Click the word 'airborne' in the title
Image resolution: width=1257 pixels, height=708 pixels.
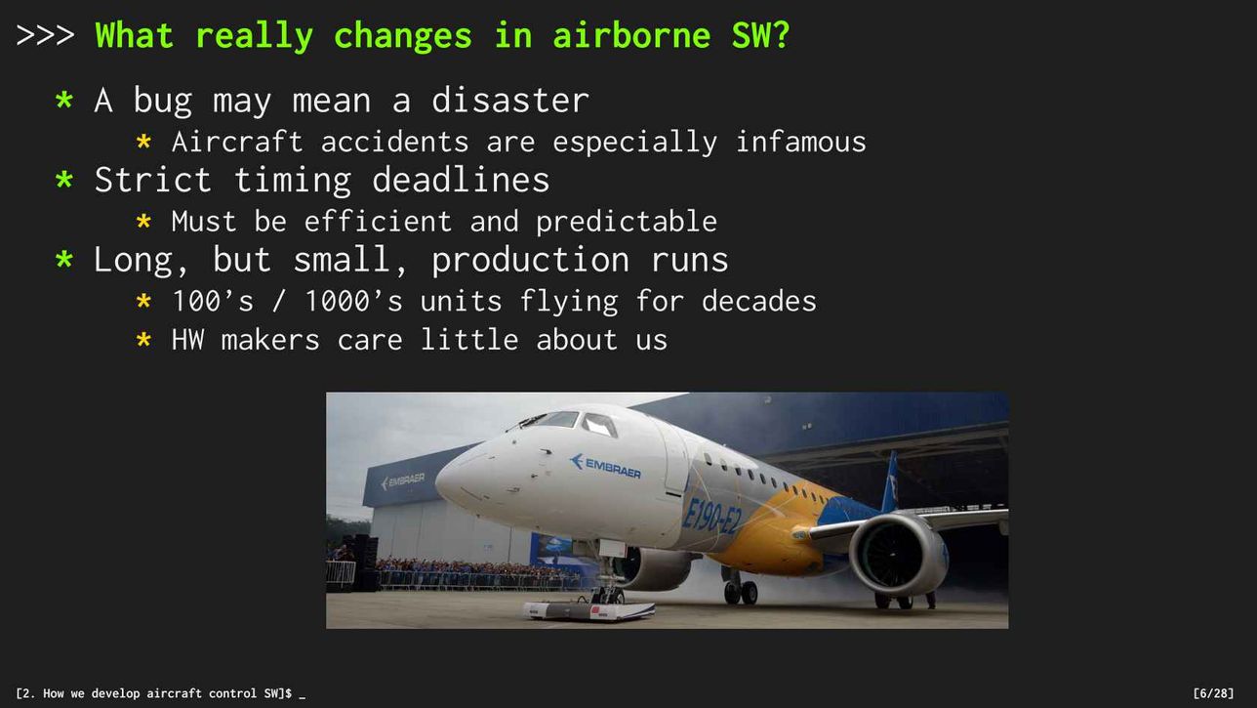coord(631,35)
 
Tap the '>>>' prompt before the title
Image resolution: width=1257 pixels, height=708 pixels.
coord(45,35)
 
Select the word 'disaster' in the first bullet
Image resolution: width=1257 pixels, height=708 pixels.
coord(510,101)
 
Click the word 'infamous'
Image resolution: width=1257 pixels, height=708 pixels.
coord(801,142)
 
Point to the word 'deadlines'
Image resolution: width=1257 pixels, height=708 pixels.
coord(461,180)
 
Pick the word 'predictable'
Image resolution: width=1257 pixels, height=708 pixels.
coord(627,222)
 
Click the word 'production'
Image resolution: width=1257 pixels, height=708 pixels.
coord(530,261)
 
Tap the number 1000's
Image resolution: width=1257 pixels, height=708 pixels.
coord(353,301)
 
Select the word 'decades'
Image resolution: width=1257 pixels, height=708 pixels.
coord(758,301)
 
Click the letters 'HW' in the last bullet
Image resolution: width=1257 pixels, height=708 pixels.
coord(188,340)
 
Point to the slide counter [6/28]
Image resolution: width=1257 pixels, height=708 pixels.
coord(1213,693)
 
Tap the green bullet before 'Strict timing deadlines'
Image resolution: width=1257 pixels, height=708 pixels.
coord(64,180)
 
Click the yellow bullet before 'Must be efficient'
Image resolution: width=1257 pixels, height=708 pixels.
coord(143,221)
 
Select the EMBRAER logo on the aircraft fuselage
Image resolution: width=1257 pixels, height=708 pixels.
coord(605,466)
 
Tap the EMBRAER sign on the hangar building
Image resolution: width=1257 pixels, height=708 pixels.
coord(402,480)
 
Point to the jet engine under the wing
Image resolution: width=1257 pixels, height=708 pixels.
coord(897,554)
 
